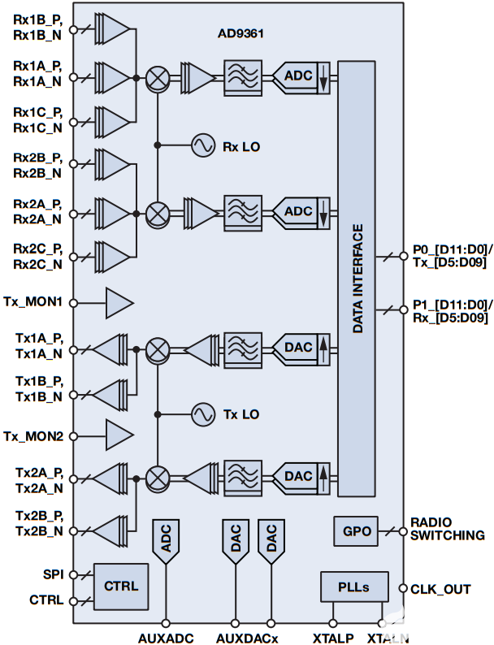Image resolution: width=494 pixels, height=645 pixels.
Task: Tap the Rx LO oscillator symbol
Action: (202, 146)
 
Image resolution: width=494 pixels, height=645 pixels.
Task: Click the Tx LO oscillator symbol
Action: (202, 414)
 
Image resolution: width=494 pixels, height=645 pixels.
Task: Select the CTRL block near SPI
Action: (121, 586)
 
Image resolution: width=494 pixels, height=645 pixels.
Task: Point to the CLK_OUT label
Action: (441, 589)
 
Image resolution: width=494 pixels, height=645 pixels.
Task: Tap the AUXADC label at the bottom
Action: (166, 637)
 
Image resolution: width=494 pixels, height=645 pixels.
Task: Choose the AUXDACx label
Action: (247, 637)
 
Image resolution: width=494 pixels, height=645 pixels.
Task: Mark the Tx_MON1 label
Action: (32, 302)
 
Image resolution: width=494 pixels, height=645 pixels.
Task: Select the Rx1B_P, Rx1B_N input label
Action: (36, 28)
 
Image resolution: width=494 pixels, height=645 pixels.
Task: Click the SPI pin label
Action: (50, 573)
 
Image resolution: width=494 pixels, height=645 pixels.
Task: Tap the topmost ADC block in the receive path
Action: (297, 76)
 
